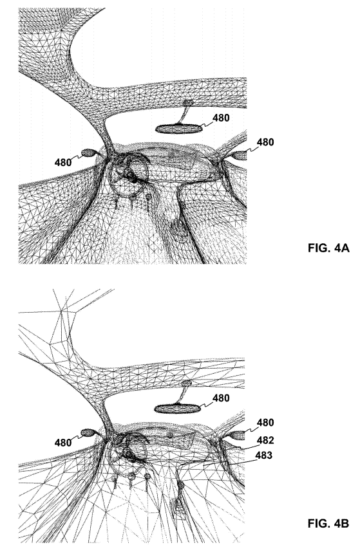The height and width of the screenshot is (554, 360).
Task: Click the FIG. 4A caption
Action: tap(328, 248)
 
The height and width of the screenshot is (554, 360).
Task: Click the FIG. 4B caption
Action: tap(328, 523)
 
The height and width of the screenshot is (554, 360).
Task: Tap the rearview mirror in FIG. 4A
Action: tap(179, 129)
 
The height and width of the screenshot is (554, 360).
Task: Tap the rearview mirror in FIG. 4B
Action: tap(178, 409)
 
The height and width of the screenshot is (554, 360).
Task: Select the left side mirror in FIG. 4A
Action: tap(89, 152)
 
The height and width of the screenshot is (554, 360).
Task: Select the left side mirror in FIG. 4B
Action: tap(88, 432)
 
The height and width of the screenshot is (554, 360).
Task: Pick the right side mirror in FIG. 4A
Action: tap(240, 155)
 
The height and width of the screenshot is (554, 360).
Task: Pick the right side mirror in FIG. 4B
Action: tap(238, 436)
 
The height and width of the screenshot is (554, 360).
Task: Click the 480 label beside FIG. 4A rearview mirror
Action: tap(221, 118)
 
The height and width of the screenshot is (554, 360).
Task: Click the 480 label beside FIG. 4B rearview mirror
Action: tap(221, 398)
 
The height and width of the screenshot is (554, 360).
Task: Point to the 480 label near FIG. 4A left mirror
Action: tap(63, 163)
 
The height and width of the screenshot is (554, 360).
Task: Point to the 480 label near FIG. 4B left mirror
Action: tap(63, 442)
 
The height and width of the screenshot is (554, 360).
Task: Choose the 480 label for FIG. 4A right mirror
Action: tap(265, 142)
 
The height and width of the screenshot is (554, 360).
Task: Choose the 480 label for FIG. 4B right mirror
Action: tap(265, 423)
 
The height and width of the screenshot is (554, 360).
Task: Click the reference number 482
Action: tap(265, 440)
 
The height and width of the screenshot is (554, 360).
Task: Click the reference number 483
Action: tap(264, 456)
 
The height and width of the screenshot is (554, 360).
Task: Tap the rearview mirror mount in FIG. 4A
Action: tap(185, 112)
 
